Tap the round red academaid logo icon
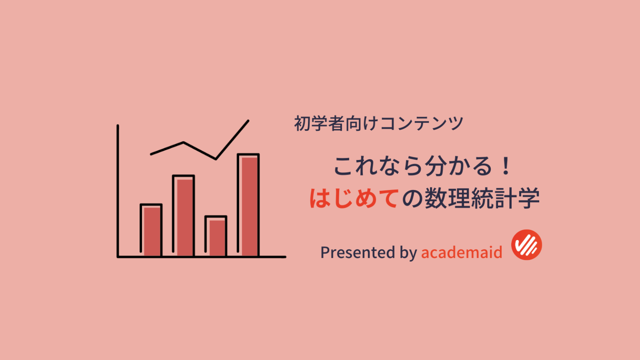526,245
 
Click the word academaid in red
461,252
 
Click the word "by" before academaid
408,252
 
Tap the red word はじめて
354,198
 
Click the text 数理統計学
482,198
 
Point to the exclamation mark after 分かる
506,166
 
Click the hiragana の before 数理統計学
412,198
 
